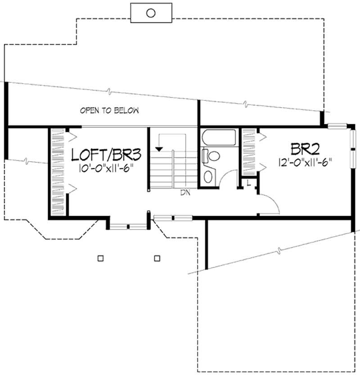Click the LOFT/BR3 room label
click(108, 155)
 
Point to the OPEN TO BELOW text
click(109, 110)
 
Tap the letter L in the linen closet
click(249, 182)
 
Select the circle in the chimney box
click(151, 13)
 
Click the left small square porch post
click(100, 258)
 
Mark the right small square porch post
click(157, 258)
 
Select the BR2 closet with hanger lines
click(249, 152)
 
